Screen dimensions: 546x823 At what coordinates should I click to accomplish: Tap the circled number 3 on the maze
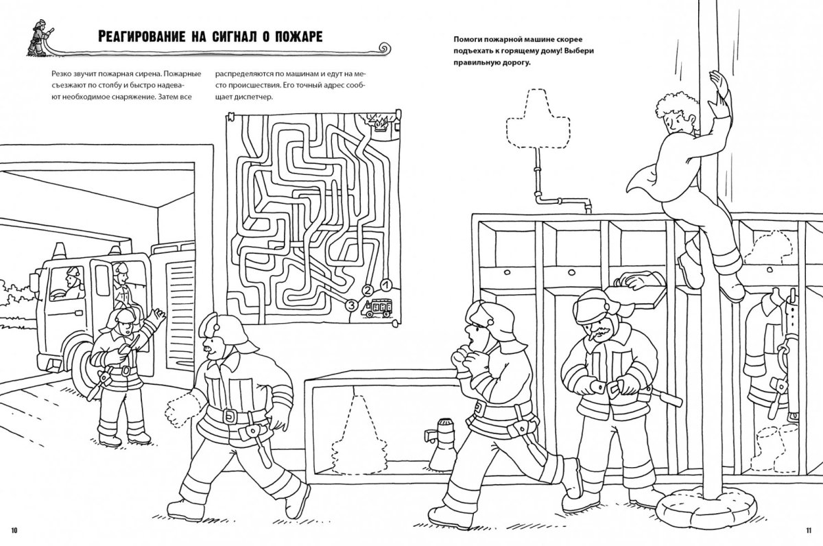[x=351, y=304]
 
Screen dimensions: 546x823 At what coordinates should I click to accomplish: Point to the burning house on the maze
[x=379, y=124]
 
